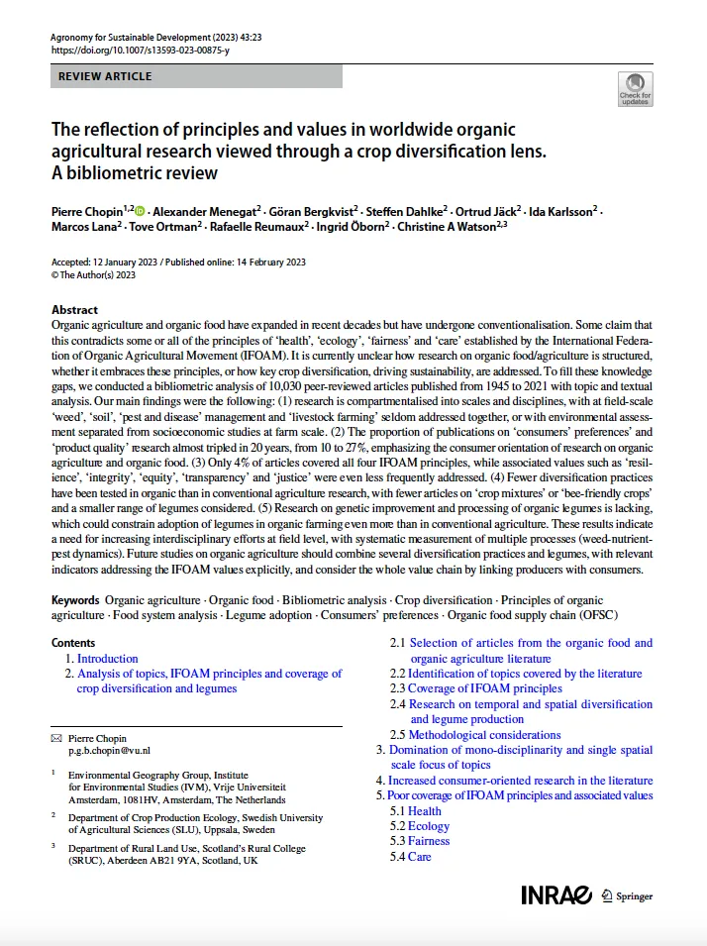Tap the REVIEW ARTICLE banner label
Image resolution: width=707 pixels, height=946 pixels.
[106, 76]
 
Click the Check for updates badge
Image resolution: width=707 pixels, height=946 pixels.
[635, 89]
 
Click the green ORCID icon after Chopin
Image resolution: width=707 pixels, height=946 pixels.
[140, 210]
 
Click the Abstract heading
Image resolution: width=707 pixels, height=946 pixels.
[75, 310]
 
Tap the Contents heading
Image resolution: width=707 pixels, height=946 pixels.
[73, 643]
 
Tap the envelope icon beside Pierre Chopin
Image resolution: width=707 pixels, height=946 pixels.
[55, 739]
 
